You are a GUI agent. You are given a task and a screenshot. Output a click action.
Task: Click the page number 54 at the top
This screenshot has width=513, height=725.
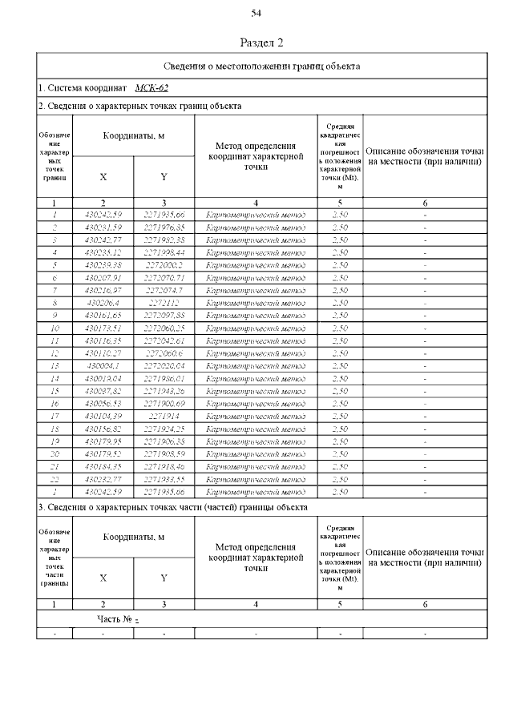pyautogui.click(x=256, y=12)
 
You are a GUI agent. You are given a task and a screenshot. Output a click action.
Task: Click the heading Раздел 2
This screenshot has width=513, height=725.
pyautogui.click(x=262, y=42)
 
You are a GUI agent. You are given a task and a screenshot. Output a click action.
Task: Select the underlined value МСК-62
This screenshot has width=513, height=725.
pyautogui.click(x=151, y=87)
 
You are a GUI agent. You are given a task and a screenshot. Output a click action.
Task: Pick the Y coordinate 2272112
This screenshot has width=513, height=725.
pyautogui.click(x=164, y=302)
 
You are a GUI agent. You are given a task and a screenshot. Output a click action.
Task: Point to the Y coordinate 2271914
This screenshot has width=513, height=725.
pyautogui.click(x=164, y=417)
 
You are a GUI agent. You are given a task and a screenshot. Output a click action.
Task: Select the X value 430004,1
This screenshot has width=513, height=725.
pyautogui.click(x=103, y=365)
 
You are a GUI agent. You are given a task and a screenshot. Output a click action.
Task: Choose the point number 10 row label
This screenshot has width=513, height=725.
pyautogui.click(x=55, y=328)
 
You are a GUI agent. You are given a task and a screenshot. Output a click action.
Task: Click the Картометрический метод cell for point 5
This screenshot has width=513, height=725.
pyautogui.click(x=256, y=264)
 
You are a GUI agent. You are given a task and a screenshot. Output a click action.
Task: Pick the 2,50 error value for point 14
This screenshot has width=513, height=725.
pyautogui.click(x=340, y=378)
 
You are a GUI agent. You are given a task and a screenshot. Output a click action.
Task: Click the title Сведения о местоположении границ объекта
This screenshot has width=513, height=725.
pyautogui.click(x=262, y=66)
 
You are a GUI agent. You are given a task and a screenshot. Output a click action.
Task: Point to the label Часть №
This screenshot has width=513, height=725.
pyautogui.click(x=115, y=619)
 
